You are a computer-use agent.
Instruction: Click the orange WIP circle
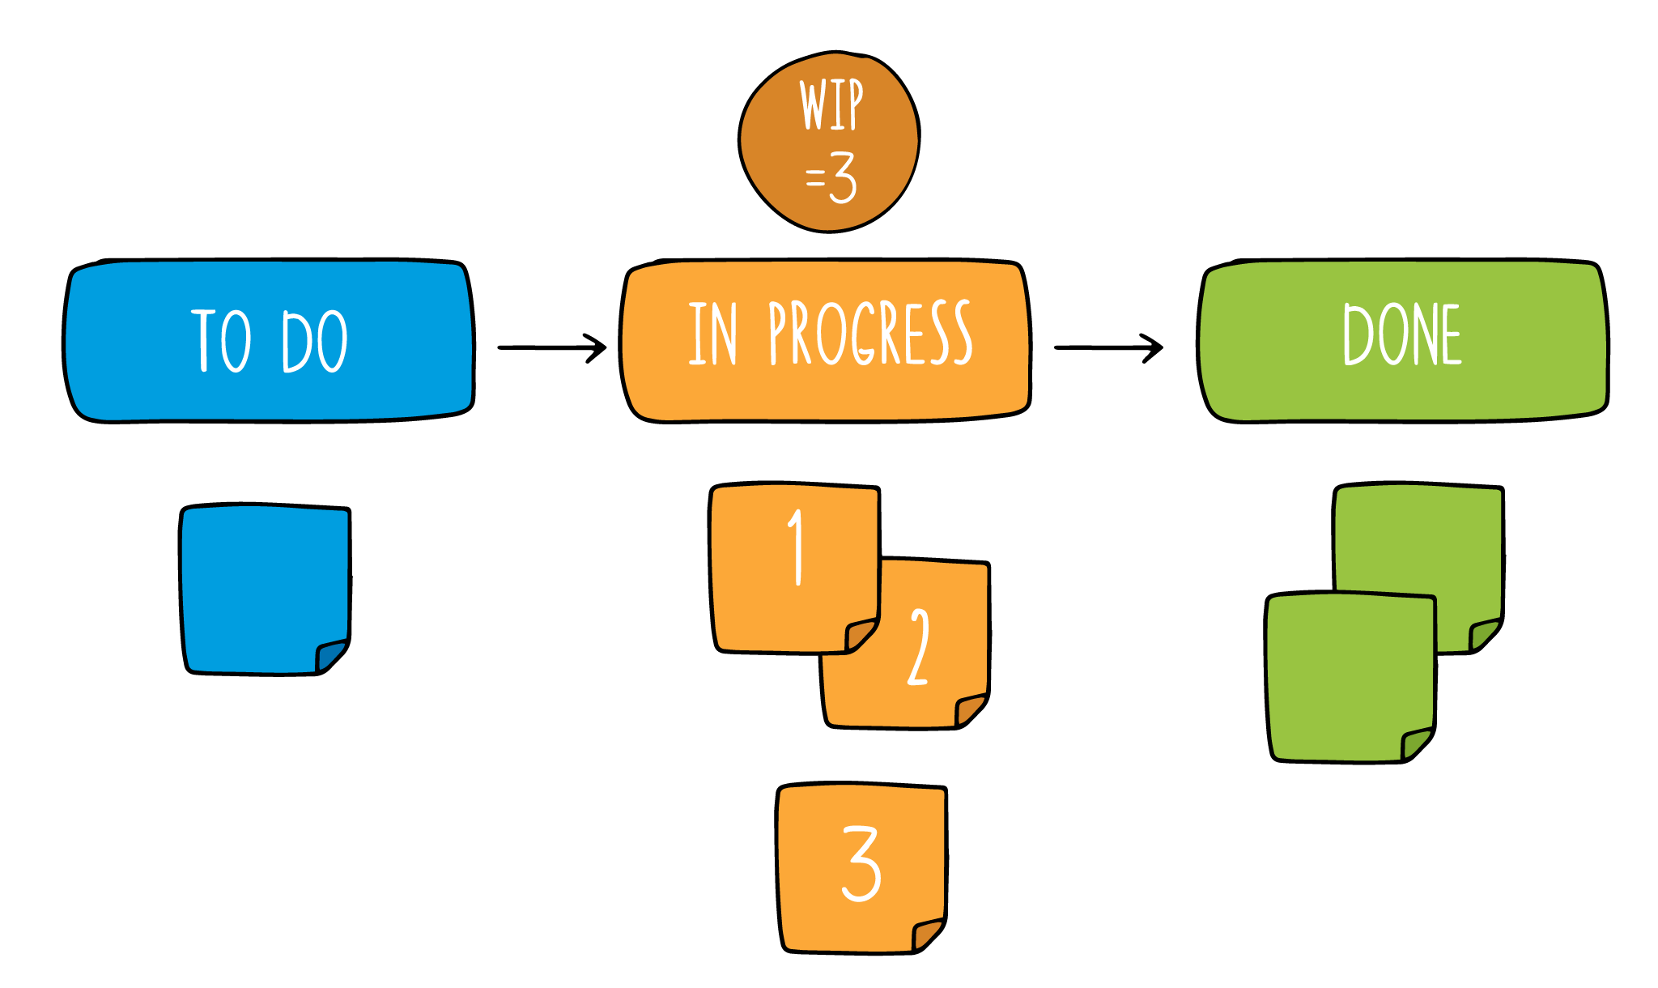point(829,143)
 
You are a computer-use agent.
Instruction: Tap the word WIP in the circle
point(831,104)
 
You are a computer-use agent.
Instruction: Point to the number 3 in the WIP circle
point(843,177)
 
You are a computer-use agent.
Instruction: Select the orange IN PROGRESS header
point(826,340)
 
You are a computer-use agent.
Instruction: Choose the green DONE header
point(1403,340)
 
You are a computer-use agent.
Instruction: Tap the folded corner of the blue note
point(330,654)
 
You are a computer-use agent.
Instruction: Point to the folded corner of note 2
point(970,709)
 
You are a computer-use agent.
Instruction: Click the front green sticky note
point(1348,676)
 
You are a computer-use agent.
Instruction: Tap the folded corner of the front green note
point(1416,743)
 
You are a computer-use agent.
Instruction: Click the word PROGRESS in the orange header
point(870,334)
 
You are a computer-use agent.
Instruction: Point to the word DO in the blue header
point(315,342)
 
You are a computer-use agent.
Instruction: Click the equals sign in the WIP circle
point(814,178)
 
